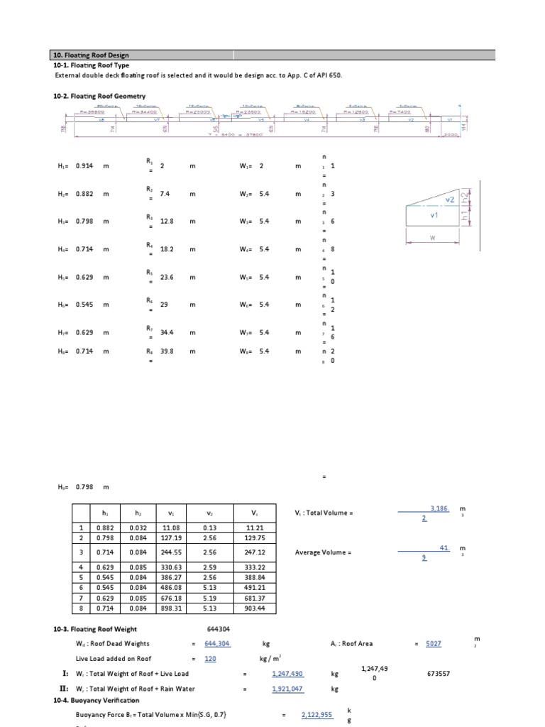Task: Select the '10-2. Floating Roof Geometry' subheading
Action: coord(99,96)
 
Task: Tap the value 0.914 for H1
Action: coord(85,165)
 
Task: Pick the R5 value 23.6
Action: coord(168,276)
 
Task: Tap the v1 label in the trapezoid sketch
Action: coord(435,214)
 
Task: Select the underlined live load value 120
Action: coord(210,659)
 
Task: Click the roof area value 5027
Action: coord(433,644)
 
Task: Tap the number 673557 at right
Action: coord(442,673)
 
